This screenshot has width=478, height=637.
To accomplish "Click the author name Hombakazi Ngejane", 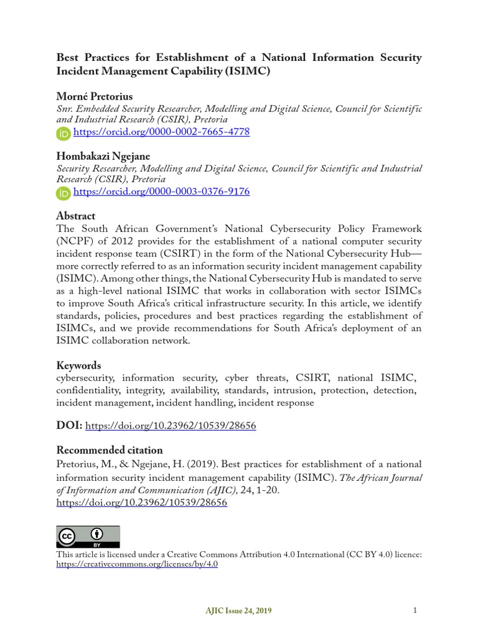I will pyautogui.click(x=103, y=156).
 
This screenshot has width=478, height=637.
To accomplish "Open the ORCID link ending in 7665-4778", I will pyautogui.click(x=161, y=133).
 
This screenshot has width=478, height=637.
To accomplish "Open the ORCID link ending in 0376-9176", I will pyautogui.click(x=161, y=192).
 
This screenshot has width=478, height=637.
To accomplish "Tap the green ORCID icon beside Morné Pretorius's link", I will pyautogui.click(x=63, y=133).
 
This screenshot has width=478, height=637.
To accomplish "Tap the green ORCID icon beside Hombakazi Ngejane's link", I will pyautogui.click(x=63, y=193).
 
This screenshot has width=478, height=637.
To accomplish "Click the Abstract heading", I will pyautogui.click(x=76, y=216).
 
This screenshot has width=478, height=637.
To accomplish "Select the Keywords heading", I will pyautogui.click(x=78, y=365).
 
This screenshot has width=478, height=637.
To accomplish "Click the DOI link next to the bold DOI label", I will pyautogui.click(x=170, y=426).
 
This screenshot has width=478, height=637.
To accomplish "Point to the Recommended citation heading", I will pyautogui.click(x=110, y=450).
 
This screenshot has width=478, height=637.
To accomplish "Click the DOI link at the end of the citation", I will pyautogui.click(x=142, y=503).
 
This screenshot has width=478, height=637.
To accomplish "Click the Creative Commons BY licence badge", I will pyautogui.click(x=88, y=536).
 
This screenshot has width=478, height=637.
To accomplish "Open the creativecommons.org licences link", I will pyautogui.click(x=137, y=564).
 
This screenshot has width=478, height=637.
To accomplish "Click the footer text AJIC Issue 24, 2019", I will pyautogui.click(x=238, y=611).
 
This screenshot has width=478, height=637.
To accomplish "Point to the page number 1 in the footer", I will pyautogui.click(x=415, y=610).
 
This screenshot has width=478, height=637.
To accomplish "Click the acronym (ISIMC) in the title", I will pyautogui.click(x=248, y=72).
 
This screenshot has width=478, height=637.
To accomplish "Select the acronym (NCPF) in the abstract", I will pyautogui.click(x=75, y=241).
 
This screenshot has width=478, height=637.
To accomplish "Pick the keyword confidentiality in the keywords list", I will pyautogui.click(x=88, y=390).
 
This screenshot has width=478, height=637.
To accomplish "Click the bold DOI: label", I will pyautogui.click(x=68, y=426).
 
